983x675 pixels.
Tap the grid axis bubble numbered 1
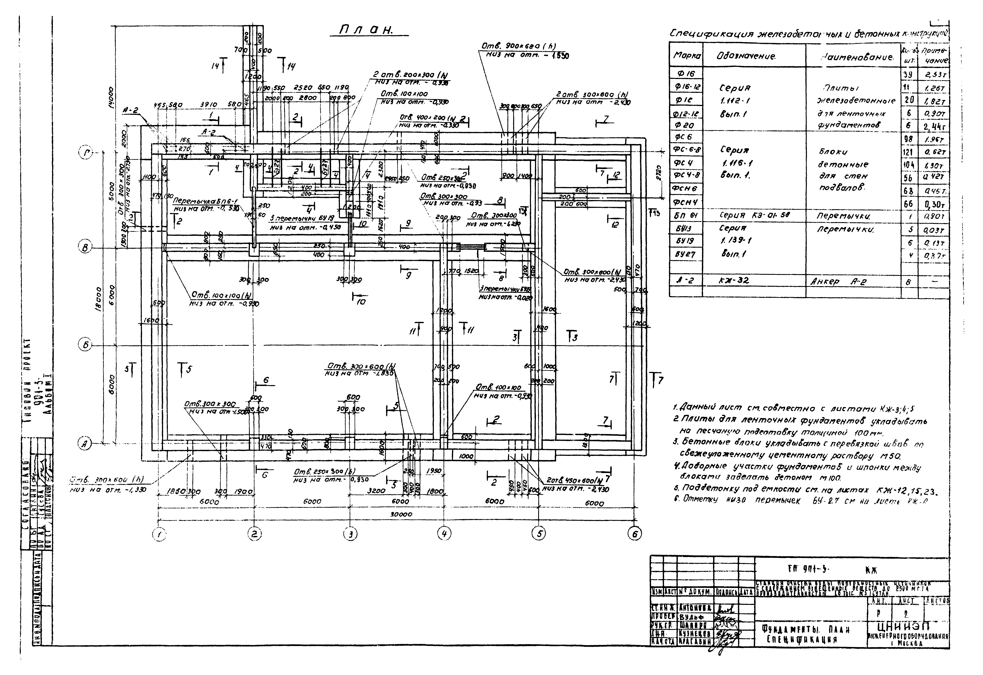point(159,535)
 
